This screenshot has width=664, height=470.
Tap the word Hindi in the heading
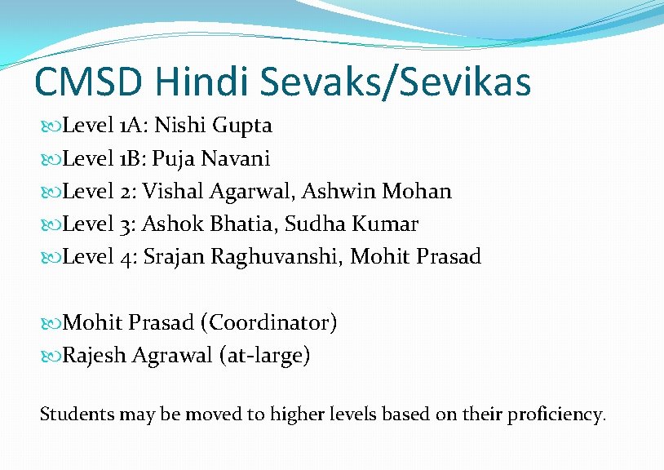coord(206,82)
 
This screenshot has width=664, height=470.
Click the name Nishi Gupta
coord(213,126)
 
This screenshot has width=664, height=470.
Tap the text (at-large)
coord(264,357)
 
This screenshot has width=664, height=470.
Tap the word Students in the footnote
coord(77,414)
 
